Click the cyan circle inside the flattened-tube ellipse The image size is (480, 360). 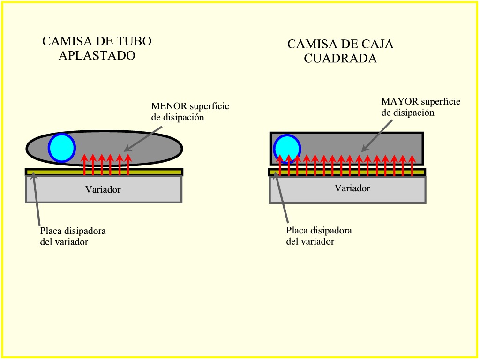[62, 148]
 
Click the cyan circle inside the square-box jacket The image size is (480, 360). [287, 149]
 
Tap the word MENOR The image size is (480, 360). [169, 106]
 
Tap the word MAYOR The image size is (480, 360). [399, 101]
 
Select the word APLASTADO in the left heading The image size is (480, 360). [97, 55]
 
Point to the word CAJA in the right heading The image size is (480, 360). [377, 44]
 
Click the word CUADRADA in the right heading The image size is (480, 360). [340, 58]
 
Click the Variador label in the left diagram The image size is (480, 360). [103, 189]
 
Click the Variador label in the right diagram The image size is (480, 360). [352, 188]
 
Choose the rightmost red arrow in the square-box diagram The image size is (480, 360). [412, 165]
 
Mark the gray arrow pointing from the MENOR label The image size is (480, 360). [143, 139]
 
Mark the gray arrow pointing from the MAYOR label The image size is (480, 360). [376, 136]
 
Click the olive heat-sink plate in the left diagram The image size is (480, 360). [104, 172]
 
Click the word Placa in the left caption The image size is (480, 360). [50, 231]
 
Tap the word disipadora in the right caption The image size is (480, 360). [331, 230]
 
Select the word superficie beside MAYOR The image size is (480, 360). [441, 102]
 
